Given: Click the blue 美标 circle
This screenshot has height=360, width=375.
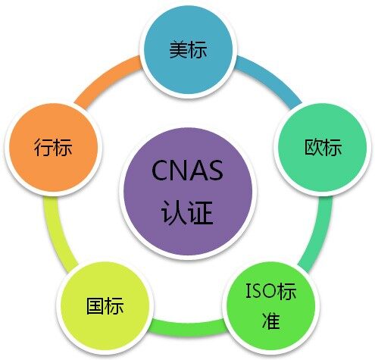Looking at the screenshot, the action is coord(188,50).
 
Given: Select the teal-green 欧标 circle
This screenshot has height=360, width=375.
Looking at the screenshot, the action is coord(323,147).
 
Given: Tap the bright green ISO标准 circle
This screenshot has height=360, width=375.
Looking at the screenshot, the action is coord(271,306).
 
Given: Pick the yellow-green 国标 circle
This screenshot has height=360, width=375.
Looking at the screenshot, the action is coord(105,306).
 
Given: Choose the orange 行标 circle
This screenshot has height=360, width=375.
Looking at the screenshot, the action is coord(53,147).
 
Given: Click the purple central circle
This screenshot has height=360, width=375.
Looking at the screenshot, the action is coord(188,191).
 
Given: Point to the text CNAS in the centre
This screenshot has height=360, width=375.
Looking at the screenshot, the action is coord(187,171).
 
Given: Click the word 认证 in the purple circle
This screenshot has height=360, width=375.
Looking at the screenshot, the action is coord(187,212).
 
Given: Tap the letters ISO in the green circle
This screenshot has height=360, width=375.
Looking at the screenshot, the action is coord(261,291).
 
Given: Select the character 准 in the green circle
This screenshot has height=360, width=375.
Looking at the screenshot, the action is coord(271,321).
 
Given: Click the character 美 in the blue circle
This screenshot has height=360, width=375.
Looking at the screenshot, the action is coord(179,49).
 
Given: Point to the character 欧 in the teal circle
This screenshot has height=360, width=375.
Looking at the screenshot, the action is coord(314,147).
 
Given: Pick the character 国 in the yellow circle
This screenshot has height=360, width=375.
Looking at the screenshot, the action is coord(95,306).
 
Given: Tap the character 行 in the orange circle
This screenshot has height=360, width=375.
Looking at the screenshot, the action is coord(43,147).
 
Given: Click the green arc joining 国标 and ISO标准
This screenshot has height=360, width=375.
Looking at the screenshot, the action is coord(188,327).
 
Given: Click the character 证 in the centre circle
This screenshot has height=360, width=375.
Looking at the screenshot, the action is coord(201,212).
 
